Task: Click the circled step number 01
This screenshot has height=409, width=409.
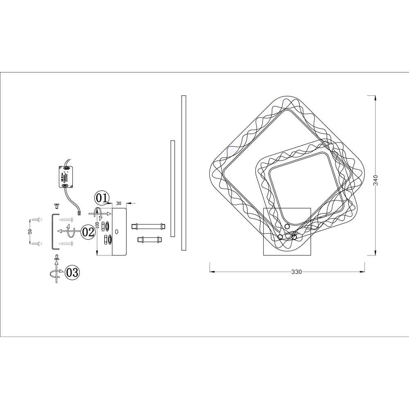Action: coord(102,198)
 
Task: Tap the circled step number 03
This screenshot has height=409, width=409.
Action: coord(72,272)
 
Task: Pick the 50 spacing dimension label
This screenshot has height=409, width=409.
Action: coord(30,231)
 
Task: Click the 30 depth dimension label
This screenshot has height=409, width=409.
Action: coord(119,203)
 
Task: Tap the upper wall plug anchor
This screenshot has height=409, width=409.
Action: coord(37,220)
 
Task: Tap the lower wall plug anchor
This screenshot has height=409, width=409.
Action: coord(37,243)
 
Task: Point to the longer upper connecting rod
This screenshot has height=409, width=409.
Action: coord(148,226)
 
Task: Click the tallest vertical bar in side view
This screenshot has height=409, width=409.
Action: coord(184,173)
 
